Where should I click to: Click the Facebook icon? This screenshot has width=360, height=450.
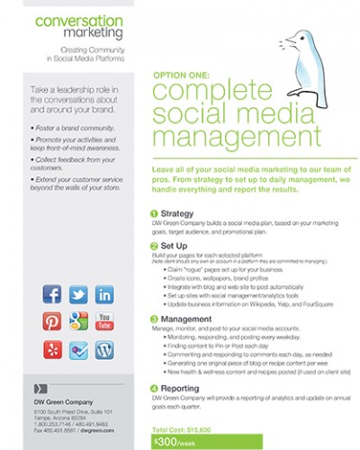coord(52,294)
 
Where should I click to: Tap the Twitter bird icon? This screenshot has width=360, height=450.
coord(78,294)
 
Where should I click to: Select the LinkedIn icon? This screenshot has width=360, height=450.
coord(103,294)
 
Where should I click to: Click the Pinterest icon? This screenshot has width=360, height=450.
coord(52,321)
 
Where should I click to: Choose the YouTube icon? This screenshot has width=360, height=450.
coord(103,321)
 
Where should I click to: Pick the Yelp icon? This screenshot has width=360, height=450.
coord(52,348)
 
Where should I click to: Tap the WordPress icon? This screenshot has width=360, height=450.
coord(103,348)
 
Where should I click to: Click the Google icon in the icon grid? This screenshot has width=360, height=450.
coord(78,321)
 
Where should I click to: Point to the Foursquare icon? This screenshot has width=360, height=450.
coord(78,348)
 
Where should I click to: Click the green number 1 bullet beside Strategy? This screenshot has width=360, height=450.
coord(154,213)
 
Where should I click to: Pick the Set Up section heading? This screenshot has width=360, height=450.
coord(175,245)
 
